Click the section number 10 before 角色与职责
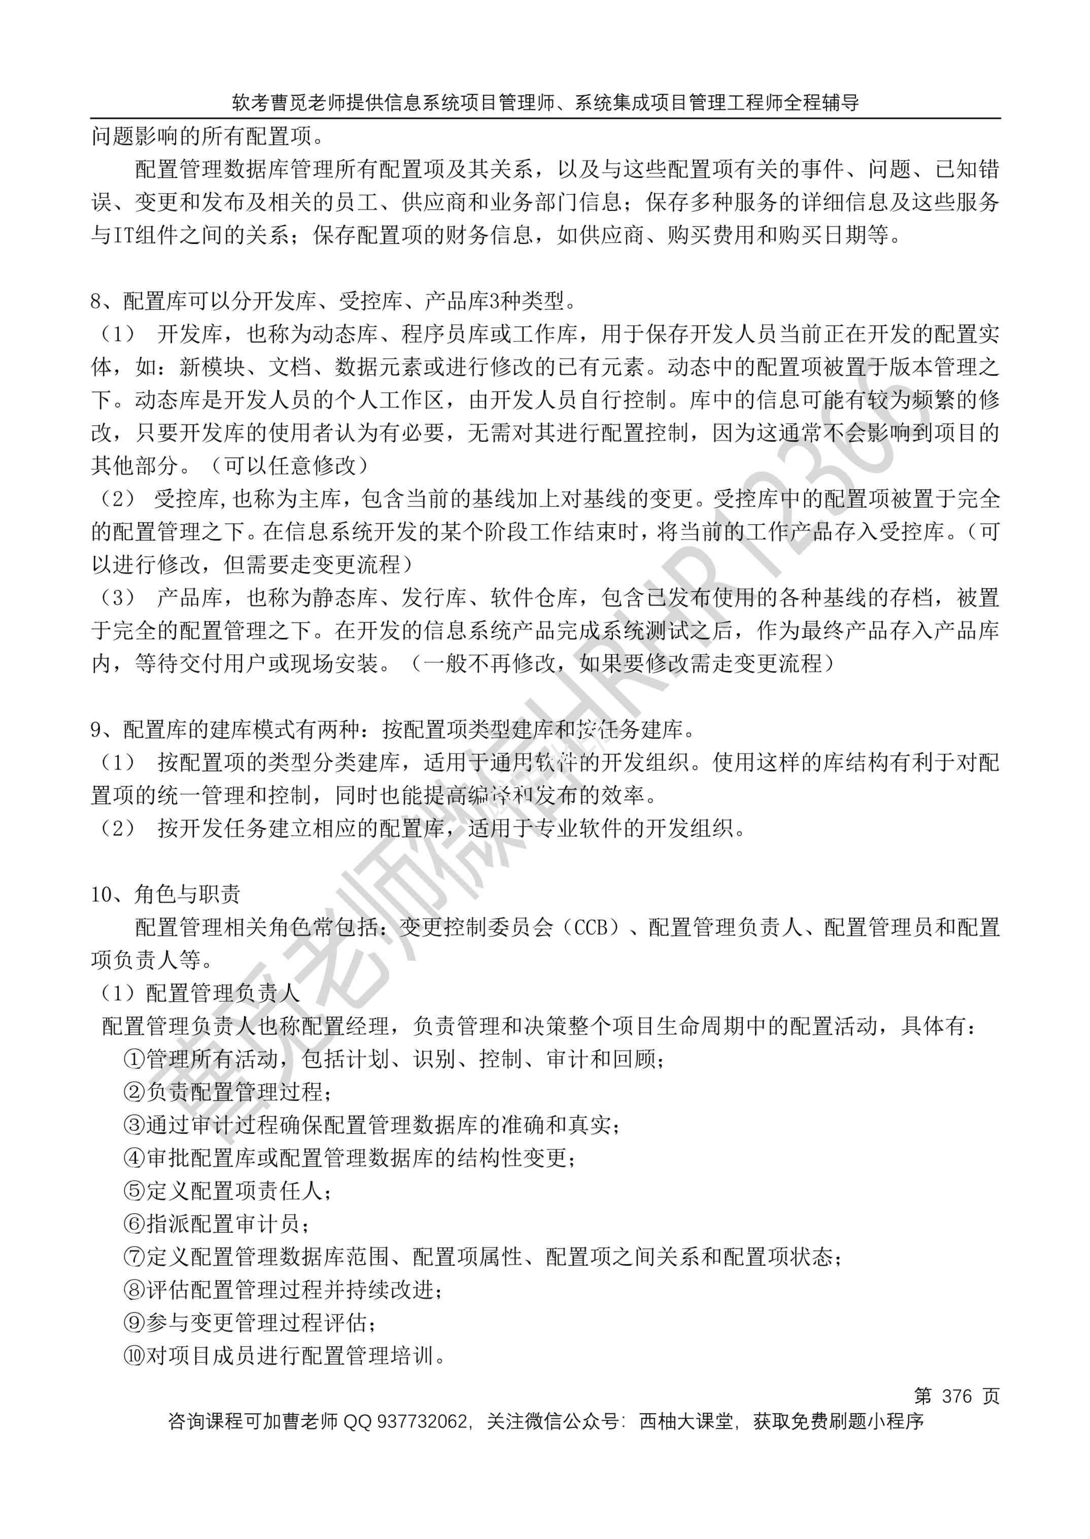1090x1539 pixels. coord(105,894)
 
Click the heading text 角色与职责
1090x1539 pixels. coord(187,894)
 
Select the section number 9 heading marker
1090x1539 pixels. coord(96,729)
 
